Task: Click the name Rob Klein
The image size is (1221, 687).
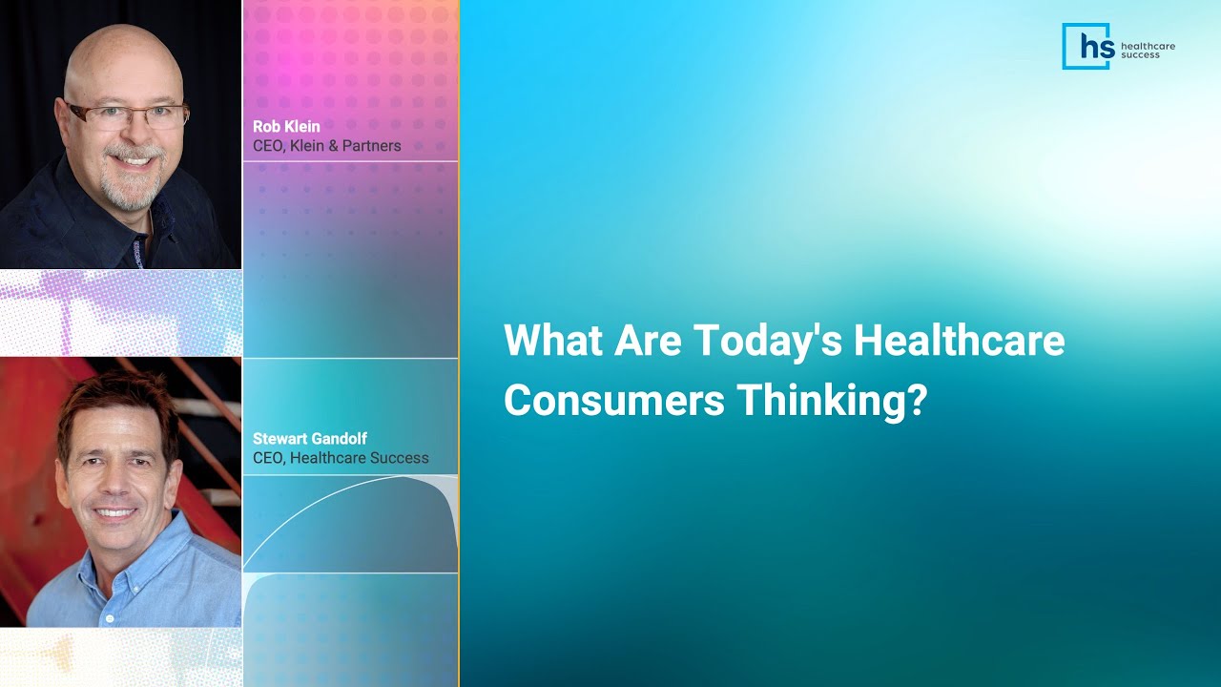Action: point(286,127)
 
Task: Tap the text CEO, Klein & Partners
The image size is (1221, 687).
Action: point(326,146)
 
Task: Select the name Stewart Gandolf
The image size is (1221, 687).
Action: point(310,439)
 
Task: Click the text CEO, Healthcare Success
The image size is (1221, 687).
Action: point(341,458)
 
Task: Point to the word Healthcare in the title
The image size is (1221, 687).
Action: point(959,341)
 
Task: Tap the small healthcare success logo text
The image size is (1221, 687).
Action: point(1148,50)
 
